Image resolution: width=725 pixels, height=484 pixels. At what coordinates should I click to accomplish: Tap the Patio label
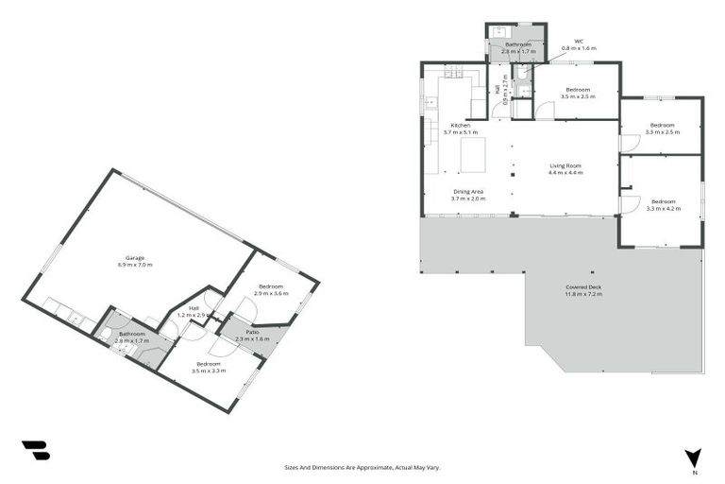245,332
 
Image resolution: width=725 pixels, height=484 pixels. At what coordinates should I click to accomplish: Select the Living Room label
566,165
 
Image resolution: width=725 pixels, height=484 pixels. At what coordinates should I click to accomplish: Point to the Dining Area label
467,192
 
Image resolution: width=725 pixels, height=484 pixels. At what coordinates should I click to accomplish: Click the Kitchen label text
461,125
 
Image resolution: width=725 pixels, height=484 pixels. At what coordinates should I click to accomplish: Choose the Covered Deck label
583,287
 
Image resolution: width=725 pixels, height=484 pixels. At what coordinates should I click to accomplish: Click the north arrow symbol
695,458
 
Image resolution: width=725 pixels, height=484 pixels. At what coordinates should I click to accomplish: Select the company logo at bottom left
36,451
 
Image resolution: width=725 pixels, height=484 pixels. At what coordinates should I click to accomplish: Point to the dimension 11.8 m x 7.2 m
583,295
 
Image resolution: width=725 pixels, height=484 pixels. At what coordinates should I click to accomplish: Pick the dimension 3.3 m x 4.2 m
663,207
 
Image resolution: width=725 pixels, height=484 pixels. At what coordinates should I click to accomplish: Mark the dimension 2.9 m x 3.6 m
272,293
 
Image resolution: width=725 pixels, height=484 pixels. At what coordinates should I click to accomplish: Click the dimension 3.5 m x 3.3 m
208,371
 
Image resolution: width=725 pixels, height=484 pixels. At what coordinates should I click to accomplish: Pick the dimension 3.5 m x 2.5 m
577,96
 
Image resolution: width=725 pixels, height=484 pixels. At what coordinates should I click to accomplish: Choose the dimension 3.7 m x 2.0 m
467,199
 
